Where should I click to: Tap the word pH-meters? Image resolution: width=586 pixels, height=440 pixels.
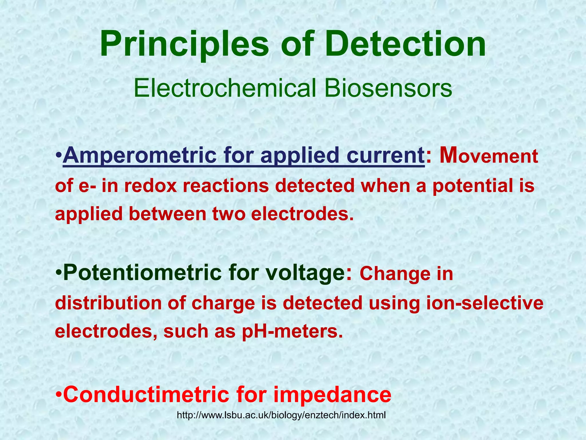pyautogui.click(x=292, y=332)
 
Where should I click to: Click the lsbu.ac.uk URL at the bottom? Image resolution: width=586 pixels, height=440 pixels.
pyautogui.click(x=281, y=415)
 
